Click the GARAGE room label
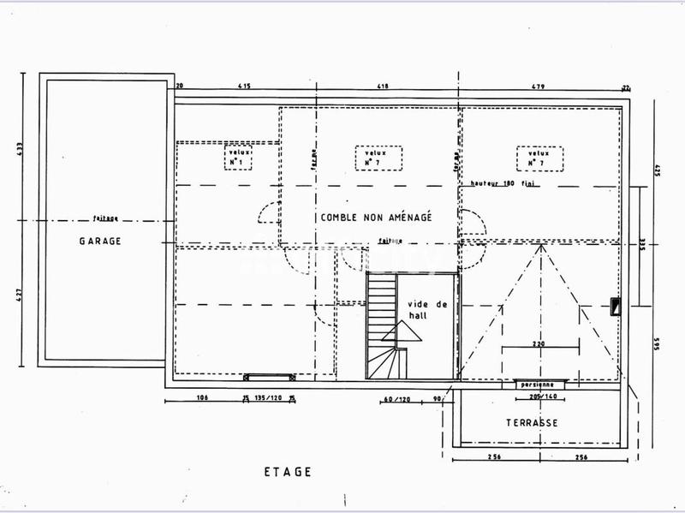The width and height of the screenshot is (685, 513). pyautogui.click(x=100, y=242)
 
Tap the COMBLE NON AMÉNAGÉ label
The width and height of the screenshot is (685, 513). pyautogui.click(x=376, y=218)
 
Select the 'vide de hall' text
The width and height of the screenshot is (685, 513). pyautogui.click(x=416, y=310)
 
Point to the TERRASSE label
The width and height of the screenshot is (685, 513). pyautogui.click(x=532, y=423)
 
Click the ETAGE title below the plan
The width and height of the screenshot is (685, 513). pyautogui.click(x=288, y=472)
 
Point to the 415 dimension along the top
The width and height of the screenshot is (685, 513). pyautogui.click(x=244, y=86)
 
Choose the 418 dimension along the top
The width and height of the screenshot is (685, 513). pyautogui.click(x=383, y=86)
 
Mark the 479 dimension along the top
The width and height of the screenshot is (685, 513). pyautogui.click(x=538, y=86)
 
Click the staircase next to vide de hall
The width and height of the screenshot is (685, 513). pyautogui.click(x=382, y=325)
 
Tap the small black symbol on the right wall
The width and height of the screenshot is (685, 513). pyautogui.click(x=615, y=307)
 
